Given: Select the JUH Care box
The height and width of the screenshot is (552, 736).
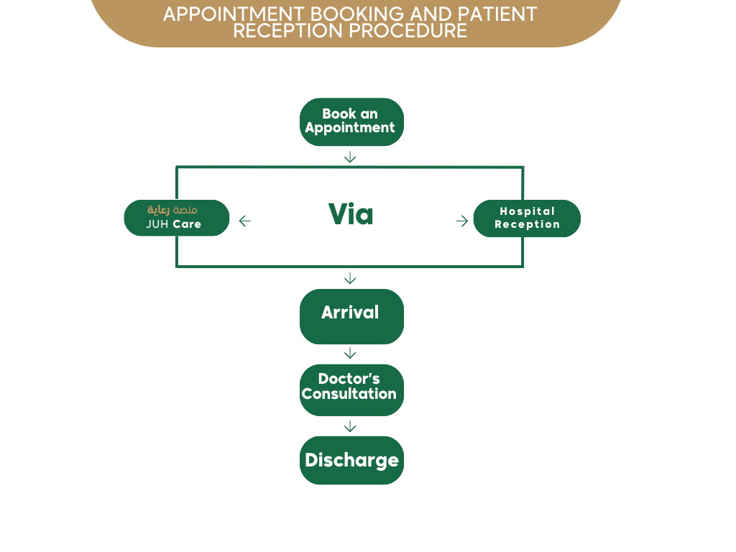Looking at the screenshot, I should click(x=177, y=218).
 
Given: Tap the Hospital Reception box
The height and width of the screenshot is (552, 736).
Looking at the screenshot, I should click(x=527, y=218).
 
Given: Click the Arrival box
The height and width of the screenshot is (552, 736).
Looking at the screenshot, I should click(x=351, y=316).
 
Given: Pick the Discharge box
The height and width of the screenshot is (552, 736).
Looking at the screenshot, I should click(x=351, y=460).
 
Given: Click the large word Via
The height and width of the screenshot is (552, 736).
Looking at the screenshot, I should click(x=351, y=214).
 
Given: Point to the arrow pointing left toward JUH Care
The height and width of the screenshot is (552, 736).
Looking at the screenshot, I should click(x=244, y=221).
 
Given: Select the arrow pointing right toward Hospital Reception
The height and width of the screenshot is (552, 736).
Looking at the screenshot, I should click(x=462, y=221).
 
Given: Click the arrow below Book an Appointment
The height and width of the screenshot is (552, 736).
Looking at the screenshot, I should click(x=350, y=157).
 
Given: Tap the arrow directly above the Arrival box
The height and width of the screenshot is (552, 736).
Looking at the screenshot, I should click(x=350, y=278).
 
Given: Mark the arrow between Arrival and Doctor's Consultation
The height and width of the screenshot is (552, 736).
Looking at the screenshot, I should click(x=350, y=353).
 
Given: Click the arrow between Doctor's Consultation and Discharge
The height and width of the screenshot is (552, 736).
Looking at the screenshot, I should click(x=350, y=426).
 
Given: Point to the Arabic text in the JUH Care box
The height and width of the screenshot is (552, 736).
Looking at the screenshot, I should click(x=172, y=210).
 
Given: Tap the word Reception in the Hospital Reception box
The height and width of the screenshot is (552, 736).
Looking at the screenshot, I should click(x=527, y=224).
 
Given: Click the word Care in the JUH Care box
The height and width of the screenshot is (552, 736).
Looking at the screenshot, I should click(x=187, y=224).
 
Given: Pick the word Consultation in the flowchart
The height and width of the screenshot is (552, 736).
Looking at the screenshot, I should click(x=349, y=394).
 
